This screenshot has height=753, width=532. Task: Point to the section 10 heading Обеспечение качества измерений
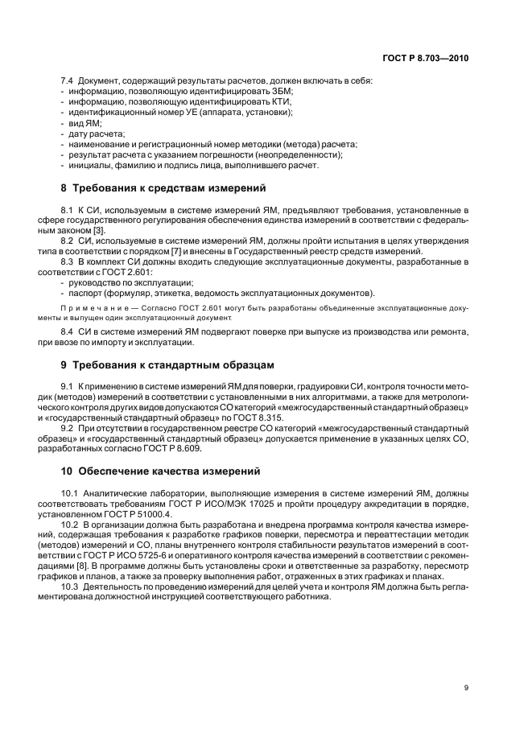point(161,471)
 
